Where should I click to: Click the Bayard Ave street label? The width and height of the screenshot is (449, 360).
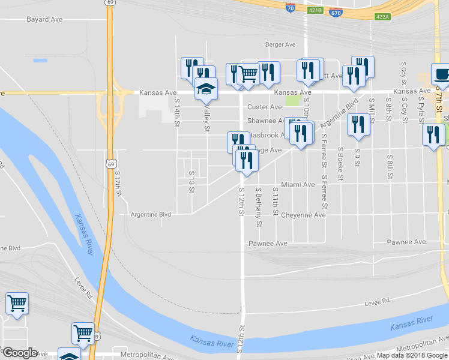pyautogui.click(x=44, y=19)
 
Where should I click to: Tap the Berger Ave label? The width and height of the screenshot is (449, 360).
pyautogui.click(x=281, y=44)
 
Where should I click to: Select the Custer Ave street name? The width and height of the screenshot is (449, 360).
pyautogui.click(x=265, y=107)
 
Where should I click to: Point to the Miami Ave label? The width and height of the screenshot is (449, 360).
pyautogui.click(x=298, y=185)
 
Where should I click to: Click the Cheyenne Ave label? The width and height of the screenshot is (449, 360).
pyautogui.click(x=303, y=215)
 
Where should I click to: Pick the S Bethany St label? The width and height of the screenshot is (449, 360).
pyautogui.click(x=259, y=207)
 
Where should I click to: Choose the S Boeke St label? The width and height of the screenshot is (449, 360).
pyautogui.click(x=340, y=164)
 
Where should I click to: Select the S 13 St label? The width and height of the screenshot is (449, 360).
pyautogui.click(x=192, y=182)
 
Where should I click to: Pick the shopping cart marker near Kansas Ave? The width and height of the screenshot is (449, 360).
pyautogui.click(x=248, y=74)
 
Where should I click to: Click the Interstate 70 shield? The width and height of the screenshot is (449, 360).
pyautogui.click(x=290, y=9)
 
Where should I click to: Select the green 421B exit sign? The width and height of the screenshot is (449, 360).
pyautogui.click(x=315, y=10)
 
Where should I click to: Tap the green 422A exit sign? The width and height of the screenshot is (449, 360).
pyautogui.click(x=382, y=16)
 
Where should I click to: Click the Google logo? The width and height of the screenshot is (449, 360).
pyautogui.click(x=19, y=353)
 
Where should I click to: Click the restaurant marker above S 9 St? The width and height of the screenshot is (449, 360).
pyautogui.click(x=358, y=124)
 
